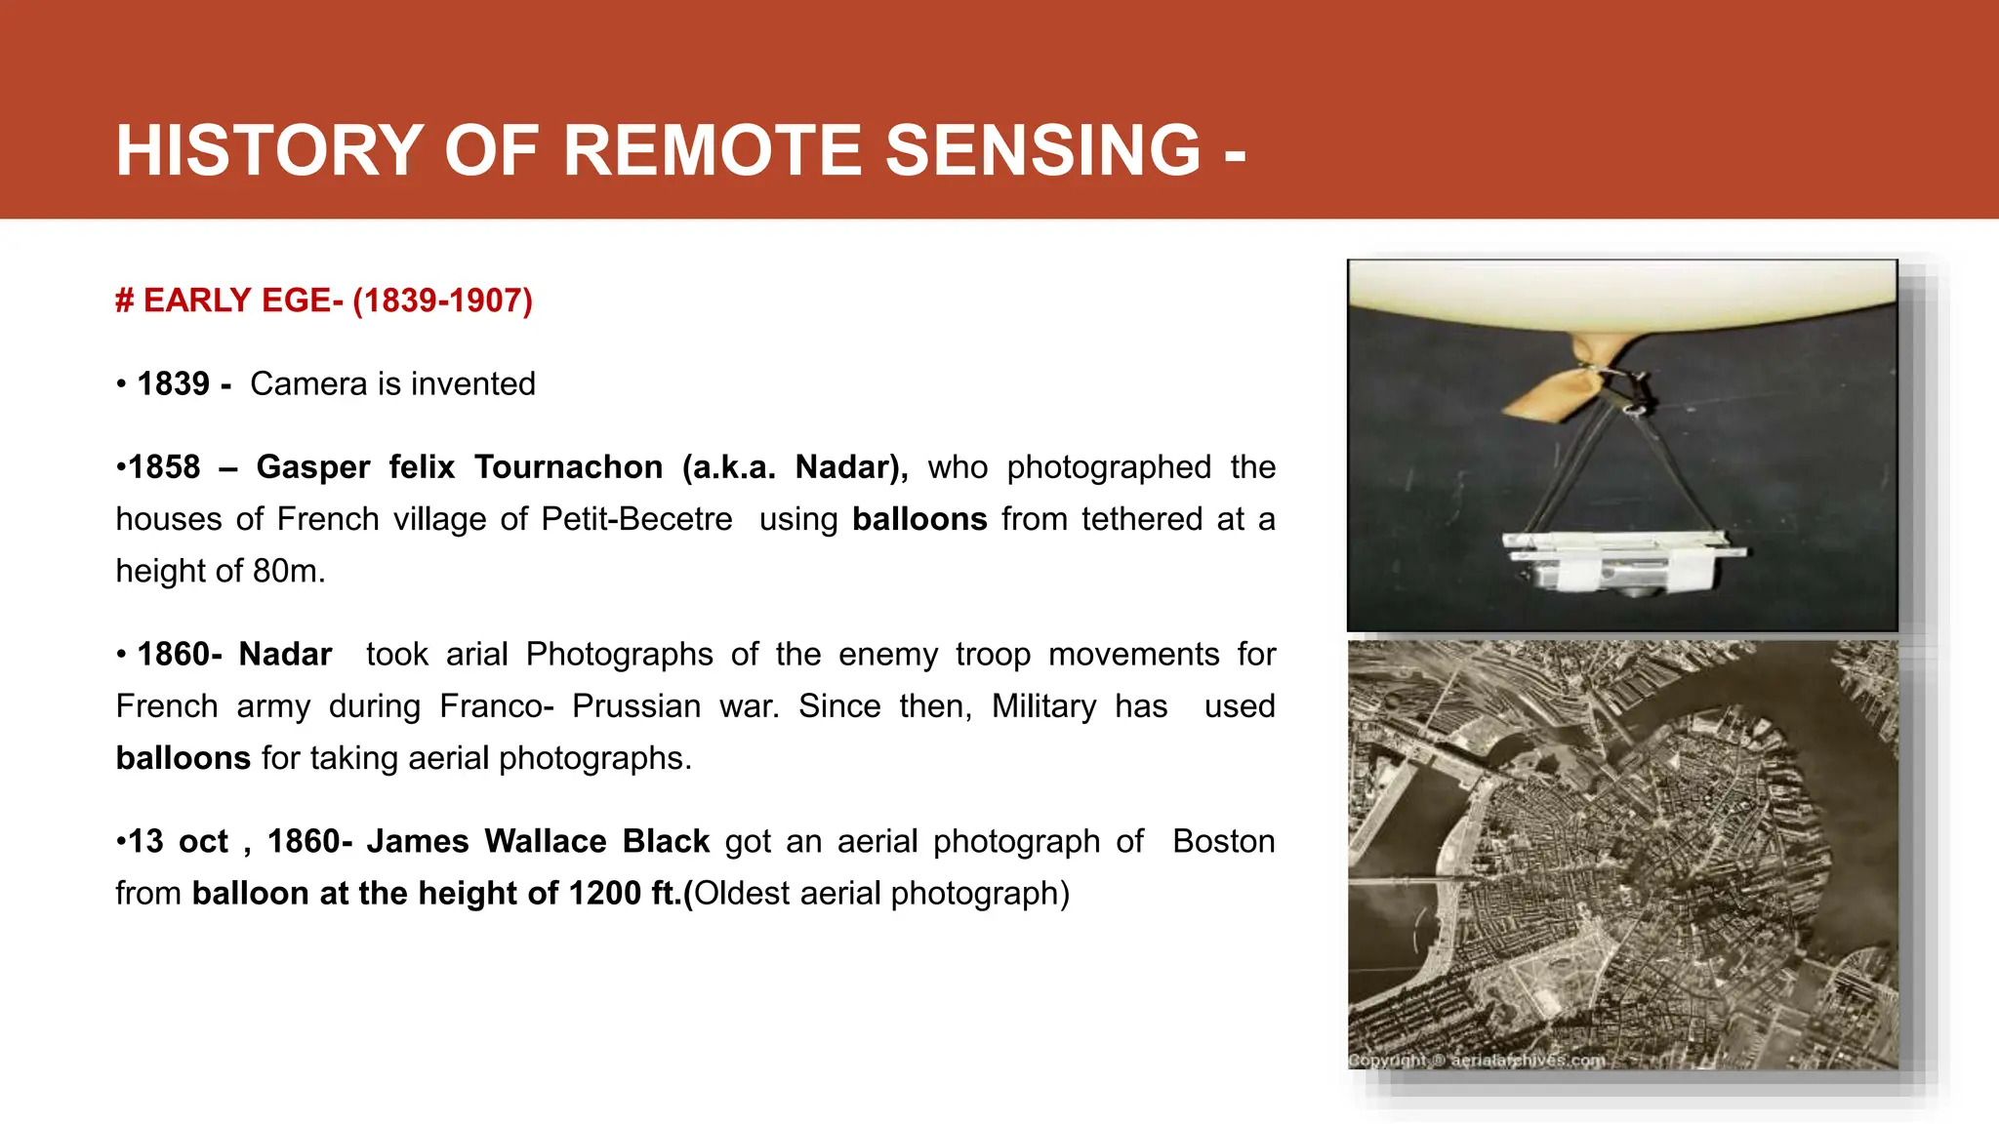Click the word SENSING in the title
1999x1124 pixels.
pyautogui.click(x=1042, y=150)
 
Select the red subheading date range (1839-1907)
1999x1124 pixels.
pyautogui.click(x=442, y=301)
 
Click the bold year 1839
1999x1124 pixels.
pyautogui.click(x=173, y=384)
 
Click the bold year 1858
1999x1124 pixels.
pyautogui.click(x=164, y=467)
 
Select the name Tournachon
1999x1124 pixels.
pyautogui.click(x=568, y=467)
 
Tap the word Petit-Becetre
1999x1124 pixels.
pyautogui.click(x=636, y=519)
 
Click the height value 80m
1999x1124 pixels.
pyautogui.click(x=288, y=571)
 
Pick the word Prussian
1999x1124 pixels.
pyautogui.click(x=635, y=706)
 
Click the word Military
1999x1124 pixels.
pyautogui.click(x=1043, y=706)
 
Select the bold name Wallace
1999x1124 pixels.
pyautogui.click(x=545, y=842)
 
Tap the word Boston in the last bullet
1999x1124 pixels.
pyautogui.click(x=1223, y=842)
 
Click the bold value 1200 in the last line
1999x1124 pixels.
pyautogui.click(x=604, y=894)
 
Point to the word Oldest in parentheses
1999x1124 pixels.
pyautogui.click(x=741, y=894)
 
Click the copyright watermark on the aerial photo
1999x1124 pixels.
pyautogui.click(x=1476, y=1061)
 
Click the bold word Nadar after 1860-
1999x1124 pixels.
pyautogui.click(x=285, y=655)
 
